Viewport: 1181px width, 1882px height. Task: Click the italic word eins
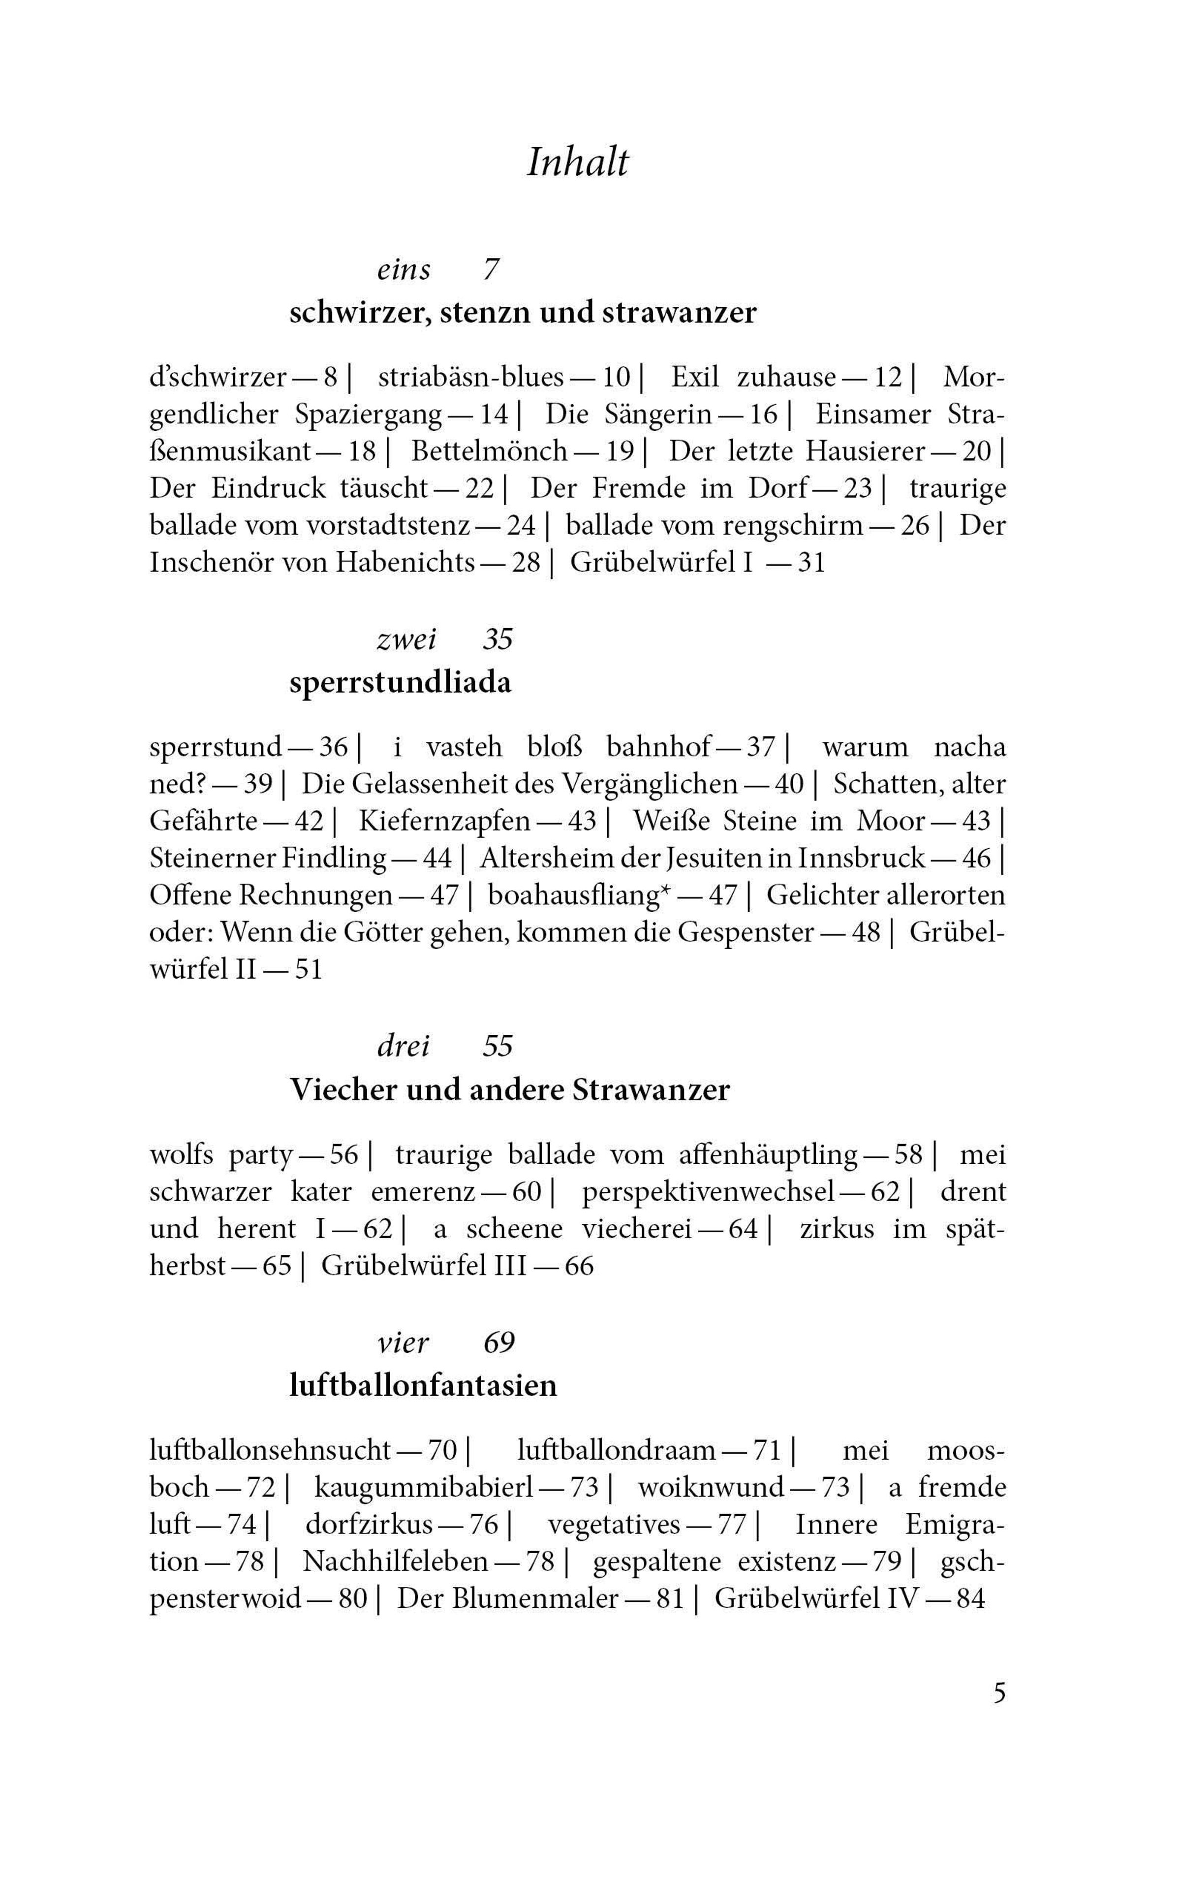coord(403,270)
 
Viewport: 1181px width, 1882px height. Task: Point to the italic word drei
coord(403,1046)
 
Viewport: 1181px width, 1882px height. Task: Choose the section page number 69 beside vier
coord(499,1343)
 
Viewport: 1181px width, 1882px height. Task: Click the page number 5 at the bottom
coord(999,1694)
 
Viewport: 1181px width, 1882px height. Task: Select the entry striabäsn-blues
coord(471,378)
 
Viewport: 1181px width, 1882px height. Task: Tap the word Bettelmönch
coord(490,451)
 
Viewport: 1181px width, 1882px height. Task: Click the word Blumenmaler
coord(525,1598)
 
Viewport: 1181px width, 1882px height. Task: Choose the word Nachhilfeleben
coord(395,1561)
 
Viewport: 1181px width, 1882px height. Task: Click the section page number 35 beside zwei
coord(497,640)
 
